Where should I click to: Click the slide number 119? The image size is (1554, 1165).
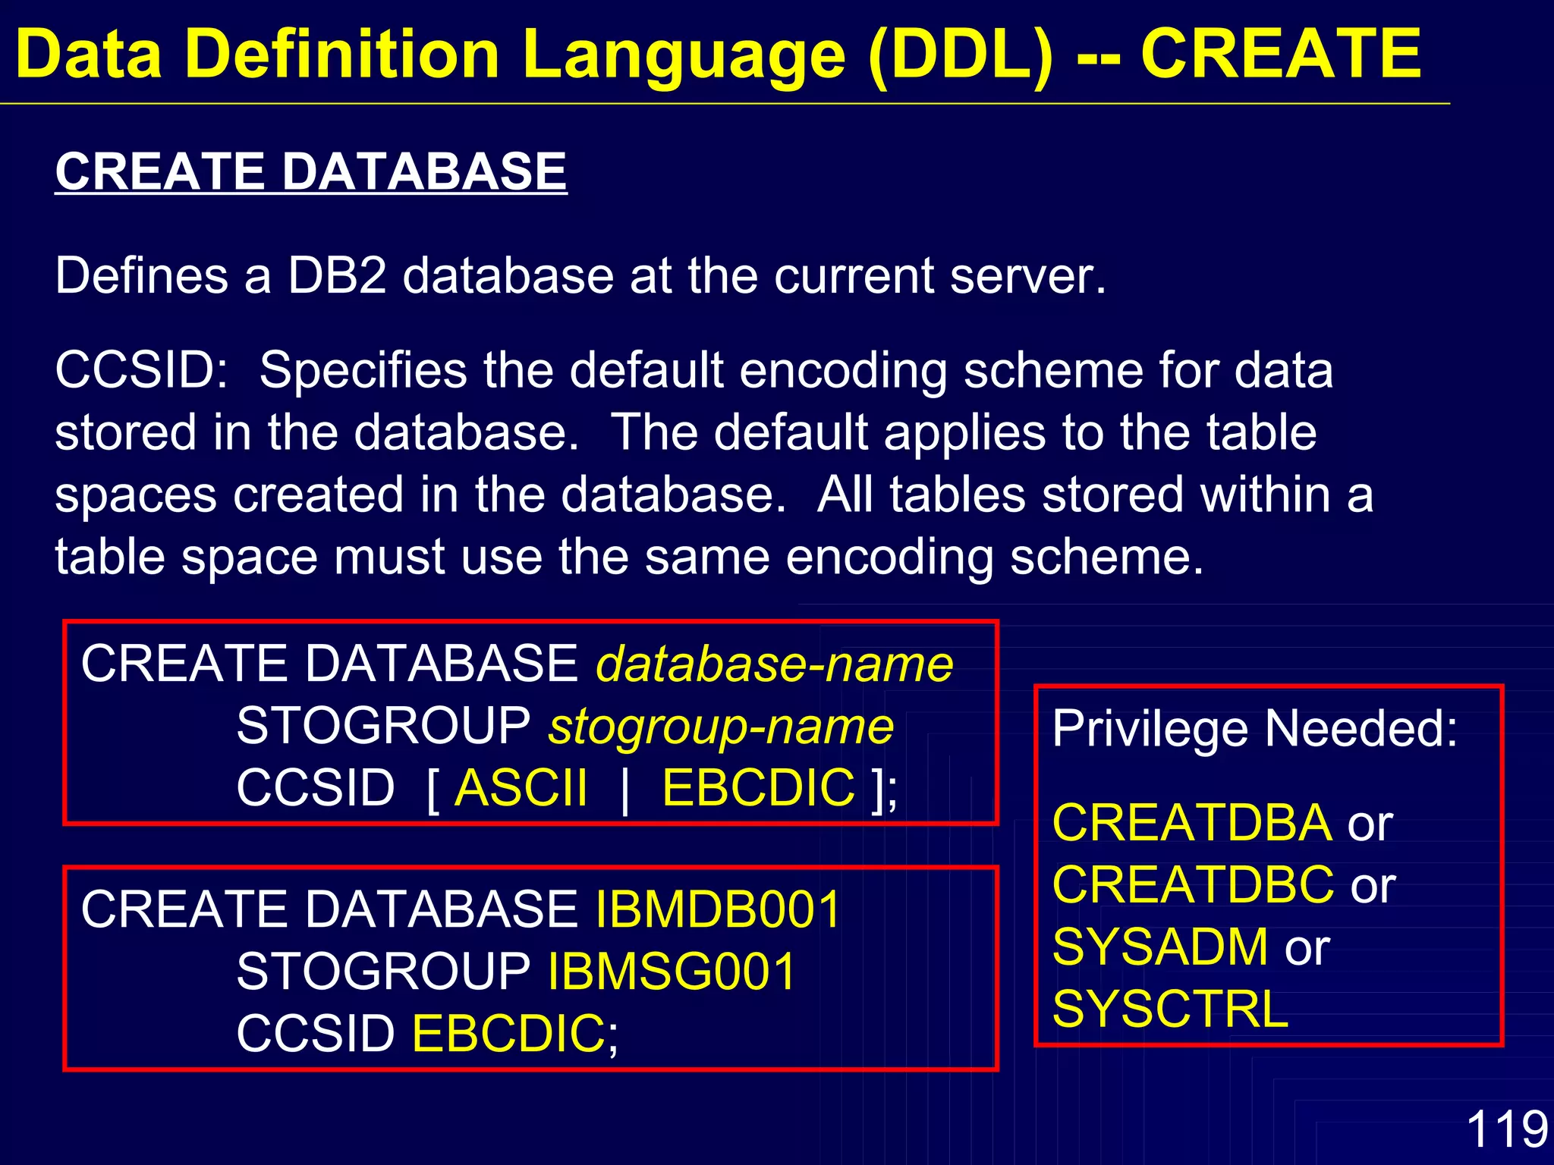(x=1506, y=1129)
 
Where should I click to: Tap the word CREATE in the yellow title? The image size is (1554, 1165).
(x=1281, y=55)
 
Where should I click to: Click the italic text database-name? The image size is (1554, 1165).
(x=774, y=664)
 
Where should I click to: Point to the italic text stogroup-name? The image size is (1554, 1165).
(x=721, y=727)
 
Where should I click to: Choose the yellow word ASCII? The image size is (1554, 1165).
(x=521, y=788)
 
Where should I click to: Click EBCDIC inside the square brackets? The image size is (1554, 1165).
(x=758, y=788)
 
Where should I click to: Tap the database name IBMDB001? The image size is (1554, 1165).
(x=719, y=909)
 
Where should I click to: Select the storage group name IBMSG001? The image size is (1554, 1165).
(x=672, y=971)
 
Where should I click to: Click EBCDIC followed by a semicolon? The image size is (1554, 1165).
(x=508, y=1034)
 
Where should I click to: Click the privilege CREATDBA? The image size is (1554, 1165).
(x=1192, y=823)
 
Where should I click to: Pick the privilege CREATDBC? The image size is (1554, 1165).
(x=1193, y=885)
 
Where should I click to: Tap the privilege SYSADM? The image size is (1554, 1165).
(x=1160, y=947)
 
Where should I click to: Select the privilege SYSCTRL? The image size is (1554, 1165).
(x=1170, y=1010)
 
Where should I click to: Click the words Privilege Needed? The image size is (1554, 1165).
(x=1254, y=729)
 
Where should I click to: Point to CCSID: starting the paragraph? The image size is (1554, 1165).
(x=141, y=371)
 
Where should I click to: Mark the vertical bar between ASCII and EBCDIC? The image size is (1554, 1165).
(x=624, y=790)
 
